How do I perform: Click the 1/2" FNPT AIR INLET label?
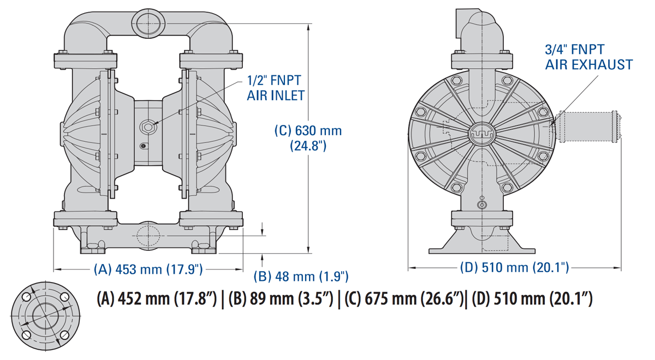273,88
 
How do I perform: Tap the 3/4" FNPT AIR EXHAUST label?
588,57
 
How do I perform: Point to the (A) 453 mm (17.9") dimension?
148,269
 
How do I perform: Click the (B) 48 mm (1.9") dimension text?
302,276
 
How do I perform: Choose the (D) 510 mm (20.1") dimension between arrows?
515,267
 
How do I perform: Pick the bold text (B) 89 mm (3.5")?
280,299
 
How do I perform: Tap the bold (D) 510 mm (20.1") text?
532,299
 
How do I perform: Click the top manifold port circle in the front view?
148,22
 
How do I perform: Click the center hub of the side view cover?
481,131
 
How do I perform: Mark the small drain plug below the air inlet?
143,146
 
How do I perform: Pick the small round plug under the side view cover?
481,205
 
